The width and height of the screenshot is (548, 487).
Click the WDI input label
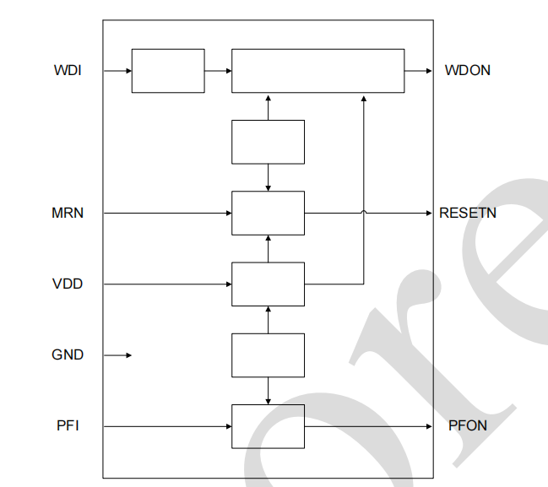68,71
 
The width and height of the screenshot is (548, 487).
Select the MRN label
68,213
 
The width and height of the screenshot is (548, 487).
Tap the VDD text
68,284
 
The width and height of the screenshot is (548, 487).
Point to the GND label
68,355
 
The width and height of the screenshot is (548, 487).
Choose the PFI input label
68,425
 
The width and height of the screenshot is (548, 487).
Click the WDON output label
468,71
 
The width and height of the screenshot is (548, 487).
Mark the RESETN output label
468,213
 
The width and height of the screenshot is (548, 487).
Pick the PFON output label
468,425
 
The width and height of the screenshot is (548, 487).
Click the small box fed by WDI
168,71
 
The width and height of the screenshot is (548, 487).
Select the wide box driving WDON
317,71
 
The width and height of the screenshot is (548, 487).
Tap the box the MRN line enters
268,213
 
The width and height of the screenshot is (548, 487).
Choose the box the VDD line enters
268,284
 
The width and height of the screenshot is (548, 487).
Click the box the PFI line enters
268,425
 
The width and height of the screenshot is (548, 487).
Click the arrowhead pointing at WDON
428,71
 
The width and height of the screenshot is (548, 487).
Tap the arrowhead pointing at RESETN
428,213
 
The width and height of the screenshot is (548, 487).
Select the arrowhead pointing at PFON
428,425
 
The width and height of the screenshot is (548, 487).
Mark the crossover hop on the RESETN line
364,212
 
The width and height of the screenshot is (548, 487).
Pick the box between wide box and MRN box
268,142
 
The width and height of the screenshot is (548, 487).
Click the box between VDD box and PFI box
268,355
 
